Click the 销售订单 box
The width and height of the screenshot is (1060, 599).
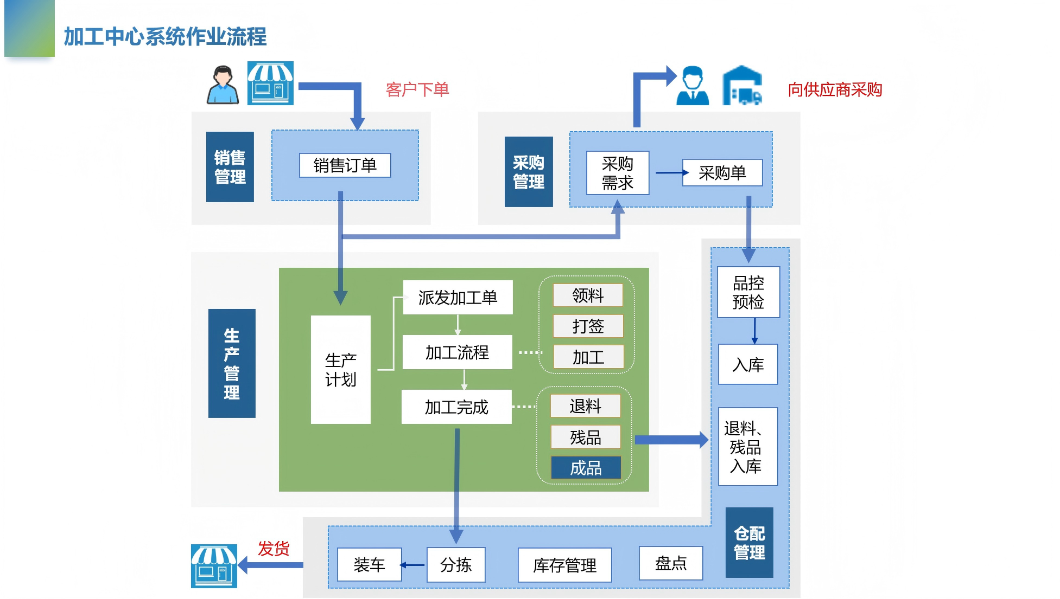[345, 165]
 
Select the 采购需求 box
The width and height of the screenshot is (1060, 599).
[617, 173]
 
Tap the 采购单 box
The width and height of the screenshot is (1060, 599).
[722, 173]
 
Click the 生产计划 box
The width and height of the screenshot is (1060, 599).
[340, 370]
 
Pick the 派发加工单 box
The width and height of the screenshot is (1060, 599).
[458, 297]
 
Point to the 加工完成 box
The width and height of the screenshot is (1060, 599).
[456, 407]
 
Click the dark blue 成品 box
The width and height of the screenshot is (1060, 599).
[586, 468]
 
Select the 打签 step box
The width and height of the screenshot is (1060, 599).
[588, 326]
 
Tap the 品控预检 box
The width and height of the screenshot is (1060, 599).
[748, 292]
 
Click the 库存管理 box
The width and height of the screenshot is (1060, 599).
[564, 565]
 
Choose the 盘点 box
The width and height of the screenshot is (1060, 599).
[671, 563]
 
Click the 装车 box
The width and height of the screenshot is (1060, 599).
[369, 565]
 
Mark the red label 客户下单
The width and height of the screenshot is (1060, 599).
[417, 89]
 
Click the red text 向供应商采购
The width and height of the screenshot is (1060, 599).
[834, 89]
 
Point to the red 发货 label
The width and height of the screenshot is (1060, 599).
[273, 549]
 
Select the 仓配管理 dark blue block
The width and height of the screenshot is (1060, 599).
[749, 543]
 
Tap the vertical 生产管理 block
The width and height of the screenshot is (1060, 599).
[232, 363]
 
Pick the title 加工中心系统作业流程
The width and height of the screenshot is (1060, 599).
[165, 37]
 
